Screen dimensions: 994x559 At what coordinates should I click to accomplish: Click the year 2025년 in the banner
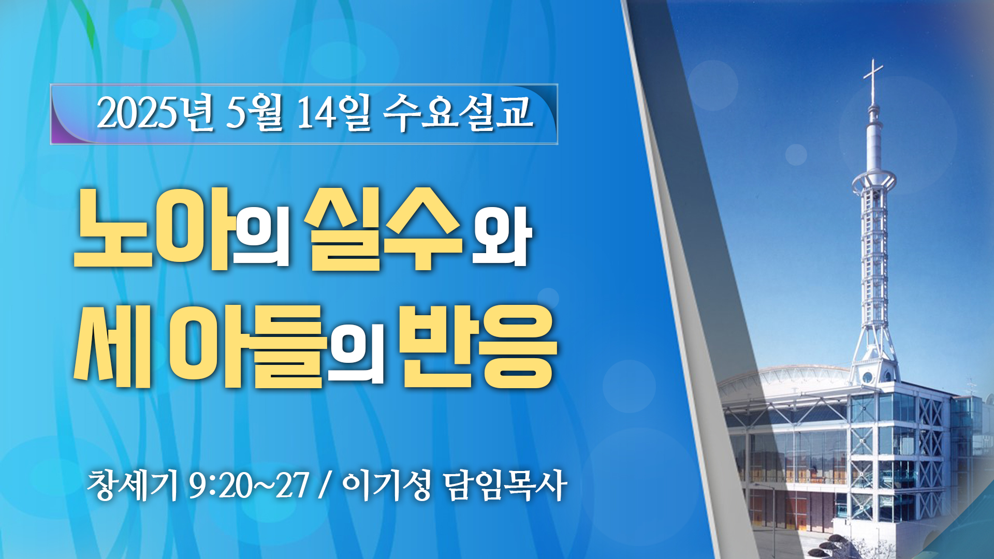[155, 112]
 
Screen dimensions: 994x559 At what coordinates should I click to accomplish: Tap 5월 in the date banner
[255, 112]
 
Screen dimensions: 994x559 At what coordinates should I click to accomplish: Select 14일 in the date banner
[333, 112]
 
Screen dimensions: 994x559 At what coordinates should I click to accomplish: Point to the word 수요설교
[458, 112]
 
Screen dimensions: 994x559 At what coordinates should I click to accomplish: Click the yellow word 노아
[152, 228]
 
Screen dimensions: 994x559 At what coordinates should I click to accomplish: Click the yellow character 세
[112, 346]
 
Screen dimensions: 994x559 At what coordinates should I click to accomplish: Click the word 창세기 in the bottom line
[132, 486]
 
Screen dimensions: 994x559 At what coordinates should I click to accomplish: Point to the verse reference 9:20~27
[248, 486]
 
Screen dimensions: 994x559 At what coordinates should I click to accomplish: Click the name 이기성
[386, 486]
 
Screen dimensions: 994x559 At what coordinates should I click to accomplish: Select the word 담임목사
[505, 486]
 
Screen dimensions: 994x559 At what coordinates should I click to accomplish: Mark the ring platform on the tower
[874, 181]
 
